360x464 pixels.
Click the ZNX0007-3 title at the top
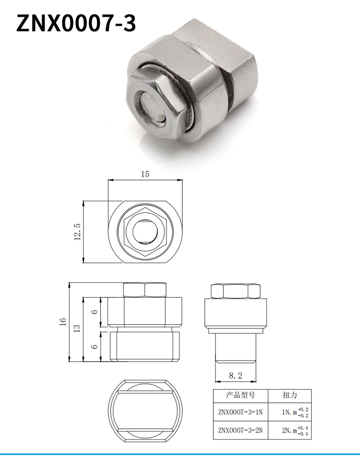point(76,24)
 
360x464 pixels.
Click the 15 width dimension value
point(145,174)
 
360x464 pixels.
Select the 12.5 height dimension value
point(77,232)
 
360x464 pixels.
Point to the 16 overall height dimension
point(63,322)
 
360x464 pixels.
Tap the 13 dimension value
point(77,329)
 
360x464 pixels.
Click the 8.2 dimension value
point(235,376)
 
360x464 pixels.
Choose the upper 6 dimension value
point(94,312)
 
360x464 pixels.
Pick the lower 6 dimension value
point(94,346)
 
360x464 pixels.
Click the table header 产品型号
point(240,395)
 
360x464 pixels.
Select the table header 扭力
point(290,395)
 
